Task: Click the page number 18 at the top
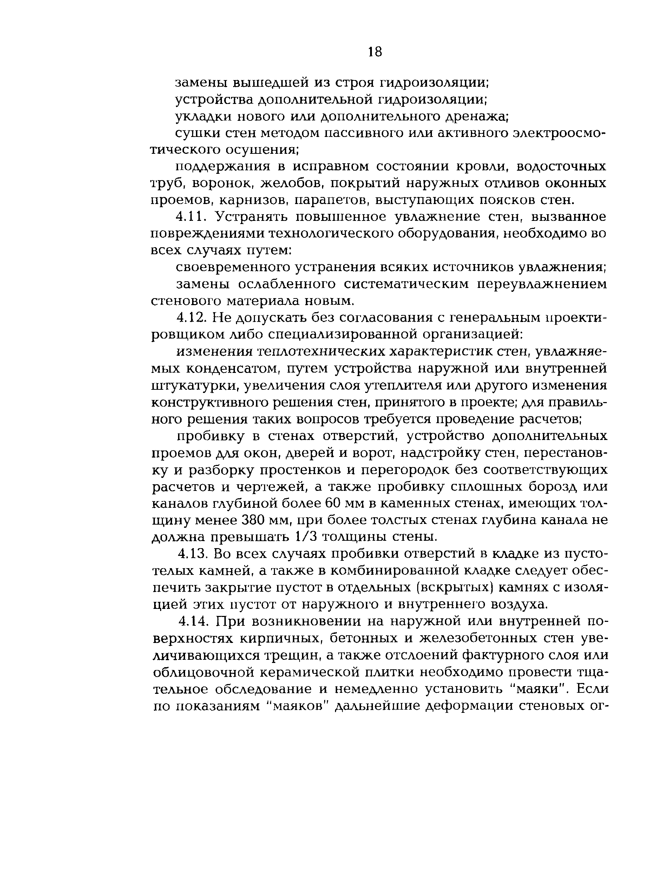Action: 374,52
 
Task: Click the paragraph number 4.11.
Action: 191,217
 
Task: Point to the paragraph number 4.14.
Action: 193,621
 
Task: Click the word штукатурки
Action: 195,386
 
